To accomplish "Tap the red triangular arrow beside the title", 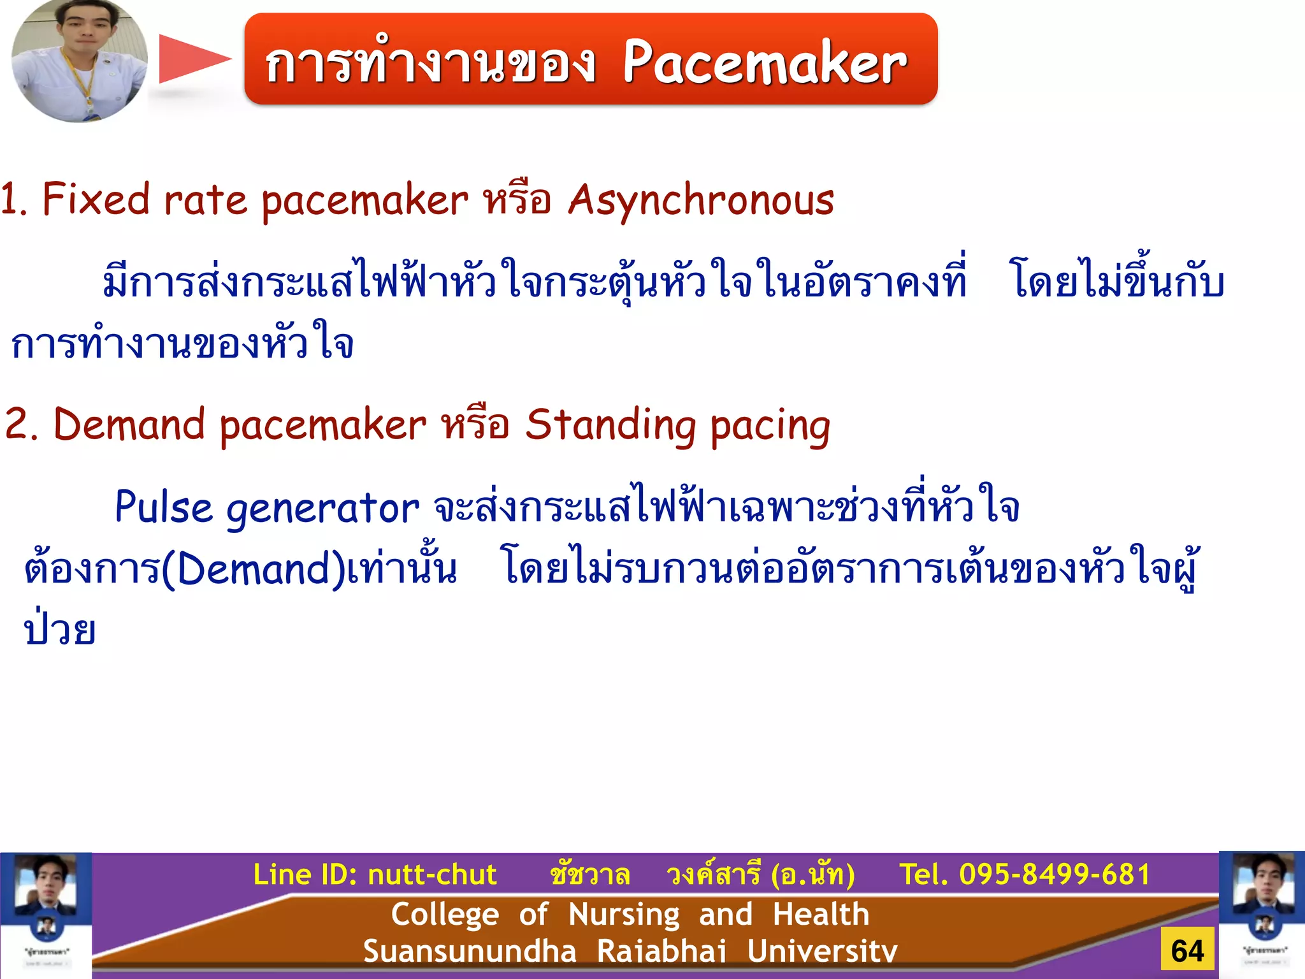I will point(193,59).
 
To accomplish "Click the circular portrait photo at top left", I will point(79,61).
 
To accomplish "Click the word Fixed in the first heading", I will point(96,199).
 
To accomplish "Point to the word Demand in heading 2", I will point(129,424).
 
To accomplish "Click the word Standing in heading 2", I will point(610,426).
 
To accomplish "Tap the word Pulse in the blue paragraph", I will point(163,508).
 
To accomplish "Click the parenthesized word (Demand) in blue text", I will point(253,569).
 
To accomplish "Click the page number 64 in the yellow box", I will point(1187,951).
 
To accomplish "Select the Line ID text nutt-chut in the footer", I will point(433,874).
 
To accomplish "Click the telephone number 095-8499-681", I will point(1055,874).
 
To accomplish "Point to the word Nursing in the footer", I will point(624,915).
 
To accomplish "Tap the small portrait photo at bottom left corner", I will point(45,915).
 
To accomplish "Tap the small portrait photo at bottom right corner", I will point(1262,915).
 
